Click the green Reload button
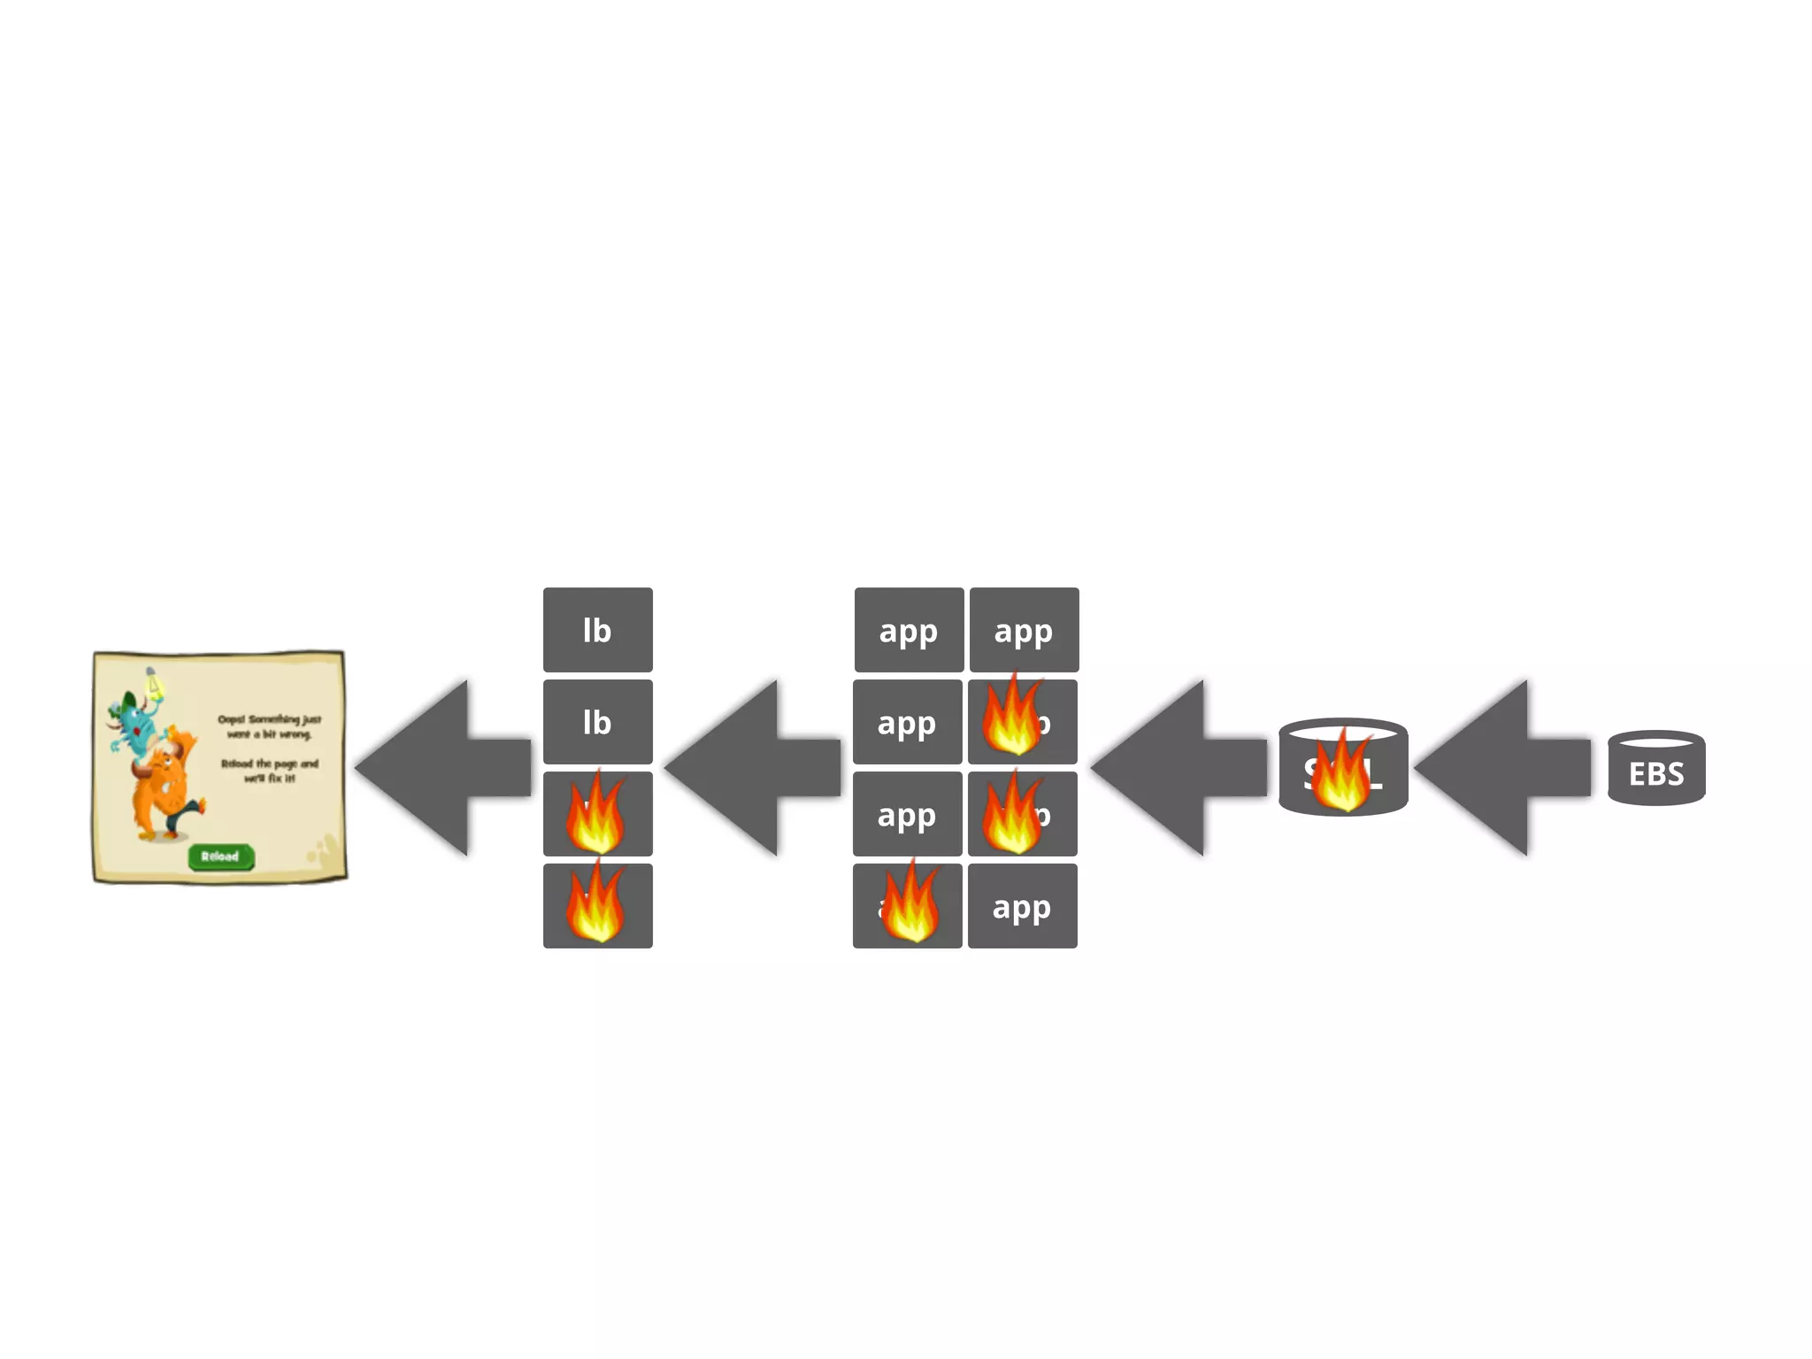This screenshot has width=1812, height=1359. (x=220, y=856)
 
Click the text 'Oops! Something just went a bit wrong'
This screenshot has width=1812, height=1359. (x=269, y=726)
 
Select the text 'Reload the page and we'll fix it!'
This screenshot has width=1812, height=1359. (x=269, y=771)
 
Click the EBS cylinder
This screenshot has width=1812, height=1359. (x=1655, y=769)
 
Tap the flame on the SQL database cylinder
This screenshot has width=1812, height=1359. (x=1340, y=772)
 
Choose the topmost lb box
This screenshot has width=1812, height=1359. (x=597, y=630)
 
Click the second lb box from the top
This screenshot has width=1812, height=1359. (x=597, y=722)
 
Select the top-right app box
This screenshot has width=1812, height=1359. (x=1024, y=630)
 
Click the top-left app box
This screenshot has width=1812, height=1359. (x=909, y=630)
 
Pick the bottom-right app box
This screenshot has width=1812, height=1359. (x=1022, y=906)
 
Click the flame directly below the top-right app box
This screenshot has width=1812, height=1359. (x=1013, y=717)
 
